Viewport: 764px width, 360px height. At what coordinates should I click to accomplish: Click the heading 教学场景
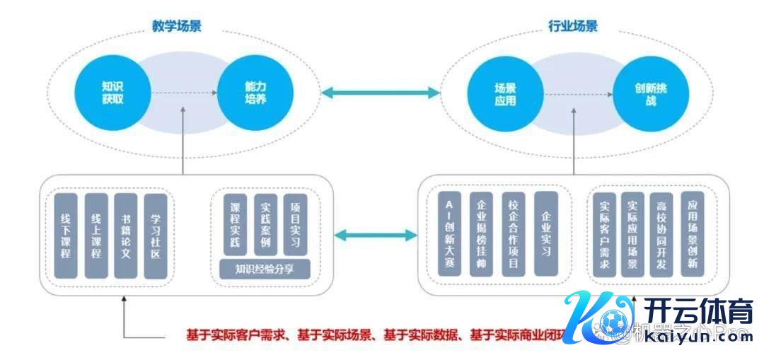(x=177, y=26)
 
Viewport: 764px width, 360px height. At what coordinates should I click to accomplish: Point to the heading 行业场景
(x=573, y=26)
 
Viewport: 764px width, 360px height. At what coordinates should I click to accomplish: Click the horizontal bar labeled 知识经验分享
(x=265, y=269)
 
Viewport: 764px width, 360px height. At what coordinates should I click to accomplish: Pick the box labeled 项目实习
(x=295, y=225)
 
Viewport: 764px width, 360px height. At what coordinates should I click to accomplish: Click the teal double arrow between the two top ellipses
(x=379, y=92)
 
